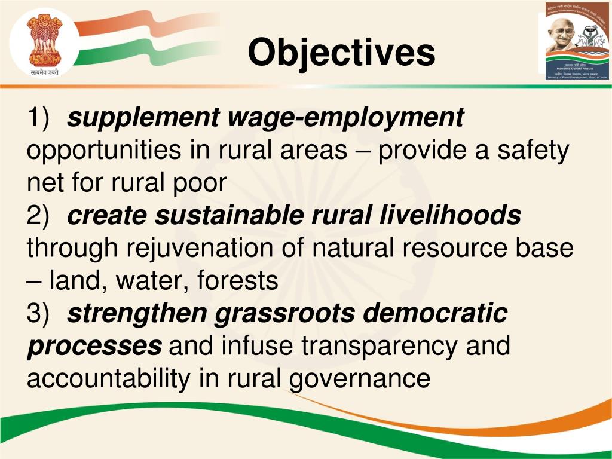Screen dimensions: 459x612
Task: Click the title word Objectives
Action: click(341, 52)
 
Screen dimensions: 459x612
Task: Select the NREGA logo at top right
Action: click(576, 41)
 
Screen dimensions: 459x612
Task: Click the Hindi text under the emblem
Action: click(44, 72)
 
